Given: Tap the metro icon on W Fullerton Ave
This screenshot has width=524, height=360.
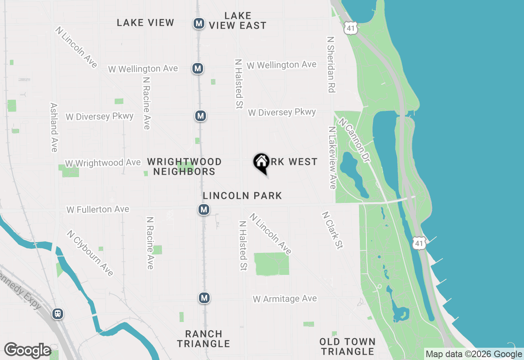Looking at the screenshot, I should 204,210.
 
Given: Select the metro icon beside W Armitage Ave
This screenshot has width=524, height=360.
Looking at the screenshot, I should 204,298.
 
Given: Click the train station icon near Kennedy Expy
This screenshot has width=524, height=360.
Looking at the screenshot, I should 58,314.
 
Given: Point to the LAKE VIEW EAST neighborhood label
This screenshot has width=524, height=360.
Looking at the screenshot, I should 237,20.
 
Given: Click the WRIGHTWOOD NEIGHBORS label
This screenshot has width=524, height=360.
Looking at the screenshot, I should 184,166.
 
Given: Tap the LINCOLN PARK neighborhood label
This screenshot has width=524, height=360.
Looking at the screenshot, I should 242,196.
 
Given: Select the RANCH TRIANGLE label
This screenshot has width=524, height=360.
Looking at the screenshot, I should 203,339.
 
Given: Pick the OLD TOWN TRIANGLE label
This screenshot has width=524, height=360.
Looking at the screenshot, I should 347,346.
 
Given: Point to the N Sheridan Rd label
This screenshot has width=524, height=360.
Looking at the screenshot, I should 331,65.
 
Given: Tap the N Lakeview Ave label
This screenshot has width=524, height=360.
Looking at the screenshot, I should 332,157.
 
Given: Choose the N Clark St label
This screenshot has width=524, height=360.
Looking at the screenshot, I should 332,230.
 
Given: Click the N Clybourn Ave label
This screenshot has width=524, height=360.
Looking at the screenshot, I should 90,253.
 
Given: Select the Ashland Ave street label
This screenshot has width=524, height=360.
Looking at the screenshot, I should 54,127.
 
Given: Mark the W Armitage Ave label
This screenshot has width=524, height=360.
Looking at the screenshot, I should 285,299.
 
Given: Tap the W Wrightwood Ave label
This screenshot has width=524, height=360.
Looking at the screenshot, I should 103,163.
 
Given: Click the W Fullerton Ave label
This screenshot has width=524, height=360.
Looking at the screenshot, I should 98,209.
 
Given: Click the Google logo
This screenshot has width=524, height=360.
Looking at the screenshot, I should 27,351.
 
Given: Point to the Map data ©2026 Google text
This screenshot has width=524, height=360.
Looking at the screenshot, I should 474,354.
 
